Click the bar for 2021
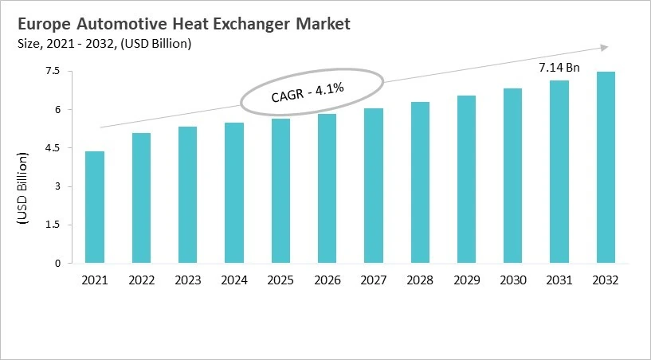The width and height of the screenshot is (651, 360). pos(95,207)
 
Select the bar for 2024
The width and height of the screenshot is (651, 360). pos(234,193)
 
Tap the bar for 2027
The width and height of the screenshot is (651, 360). pos(374,186)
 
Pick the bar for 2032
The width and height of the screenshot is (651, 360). pos(606,167)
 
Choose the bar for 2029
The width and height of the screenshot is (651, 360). pos(466,179)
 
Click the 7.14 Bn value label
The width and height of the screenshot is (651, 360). pos(559,68)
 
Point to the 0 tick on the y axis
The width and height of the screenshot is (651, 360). pos(57,264)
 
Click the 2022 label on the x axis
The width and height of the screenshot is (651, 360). pos(141,280)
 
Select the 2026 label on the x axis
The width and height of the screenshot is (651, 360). pos(327,280)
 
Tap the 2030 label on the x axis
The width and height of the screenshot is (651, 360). pos(512,280)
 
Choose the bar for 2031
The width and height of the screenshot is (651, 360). pos(559,172)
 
